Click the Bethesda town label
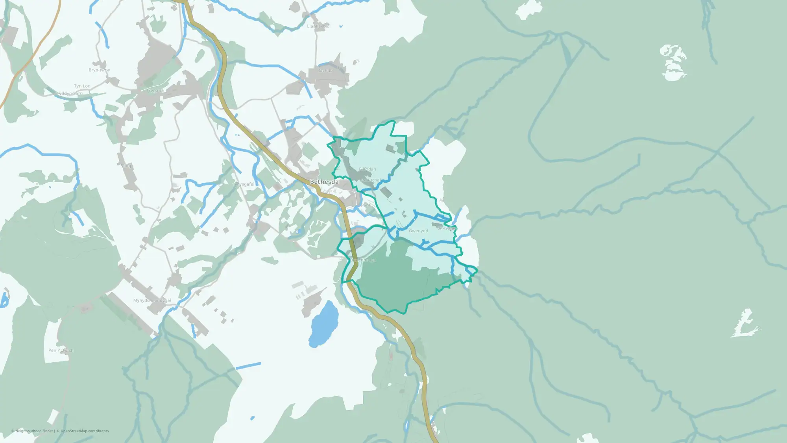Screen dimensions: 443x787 (x=324, y=182)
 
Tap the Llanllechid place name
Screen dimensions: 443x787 (x=318, y=26)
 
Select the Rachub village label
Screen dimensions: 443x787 (x=325, y=70)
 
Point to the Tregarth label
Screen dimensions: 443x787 (x=155, y=91)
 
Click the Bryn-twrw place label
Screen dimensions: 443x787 (x=99, y=70)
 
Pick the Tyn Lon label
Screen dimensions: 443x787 (x=82, y=86)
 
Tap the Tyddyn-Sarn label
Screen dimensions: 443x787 (x=70, y=94)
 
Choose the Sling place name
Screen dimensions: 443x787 (x=126, y=166)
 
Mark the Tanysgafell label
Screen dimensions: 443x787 (x=244, y=184)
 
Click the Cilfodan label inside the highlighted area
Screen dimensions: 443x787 (x=367, y=169)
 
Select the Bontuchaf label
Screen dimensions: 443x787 (x=370, y=180)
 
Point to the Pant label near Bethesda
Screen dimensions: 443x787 (x=366, y=205)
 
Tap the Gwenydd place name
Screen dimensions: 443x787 (x=418, y=231)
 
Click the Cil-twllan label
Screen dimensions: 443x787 (x=447, y=228)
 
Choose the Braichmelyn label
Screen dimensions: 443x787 (x=363, y=260)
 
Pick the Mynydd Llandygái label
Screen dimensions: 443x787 (x=152, y=300)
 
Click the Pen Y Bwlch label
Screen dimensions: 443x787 (x=61, y=350)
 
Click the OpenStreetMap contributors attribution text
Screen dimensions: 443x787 (x=85, y=431)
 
